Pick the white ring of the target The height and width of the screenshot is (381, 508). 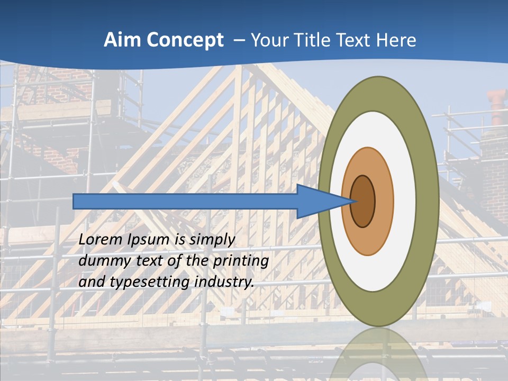[x=405, y=201]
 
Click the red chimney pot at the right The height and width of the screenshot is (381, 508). [x=497, y=103]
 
